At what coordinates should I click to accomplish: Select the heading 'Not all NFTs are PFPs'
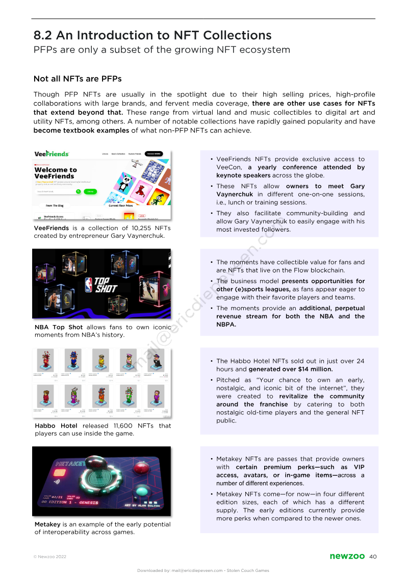click(x=77, y=79)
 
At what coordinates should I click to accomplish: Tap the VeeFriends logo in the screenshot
click(x=52, y=154)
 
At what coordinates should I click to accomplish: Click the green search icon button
click(x=79, y=191)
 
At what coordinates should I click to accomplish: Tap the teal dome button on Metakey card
click(x=141, y=493)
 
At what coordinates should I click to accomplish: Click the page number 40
click(x=372, y=556)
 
